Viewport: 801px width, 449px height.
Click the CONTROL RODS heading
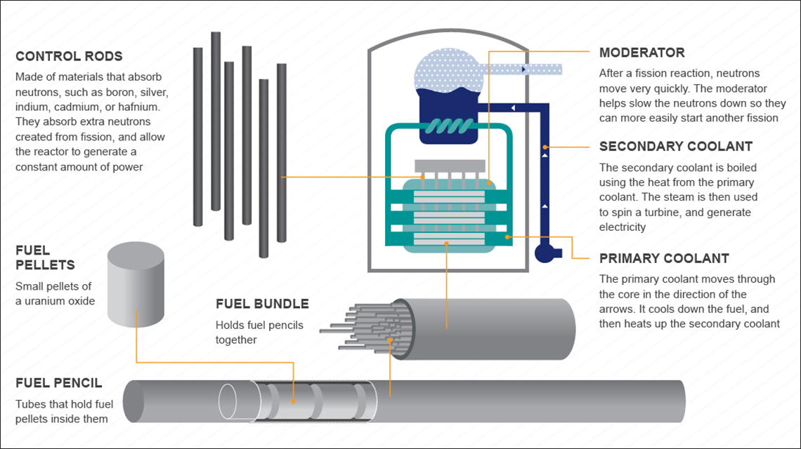[x=69, y=57]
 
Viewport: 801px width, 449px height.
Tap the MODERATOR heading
[x=642, y=53]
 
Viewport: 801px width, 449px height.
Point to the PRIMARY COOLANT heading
[x=664, y=258]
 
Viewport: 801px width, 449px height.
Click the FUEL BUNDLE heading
[x=262, y=304]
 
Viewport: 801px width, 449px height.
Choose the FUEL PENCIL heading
[x=59, y=383]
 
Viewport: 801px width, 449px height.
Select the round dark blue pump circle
[x=545, y=253]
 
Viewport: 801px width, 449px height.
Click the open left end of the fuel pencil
[x=134, y=401]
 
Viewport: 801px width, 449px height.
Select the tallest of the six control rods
[x=216, y=121]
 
